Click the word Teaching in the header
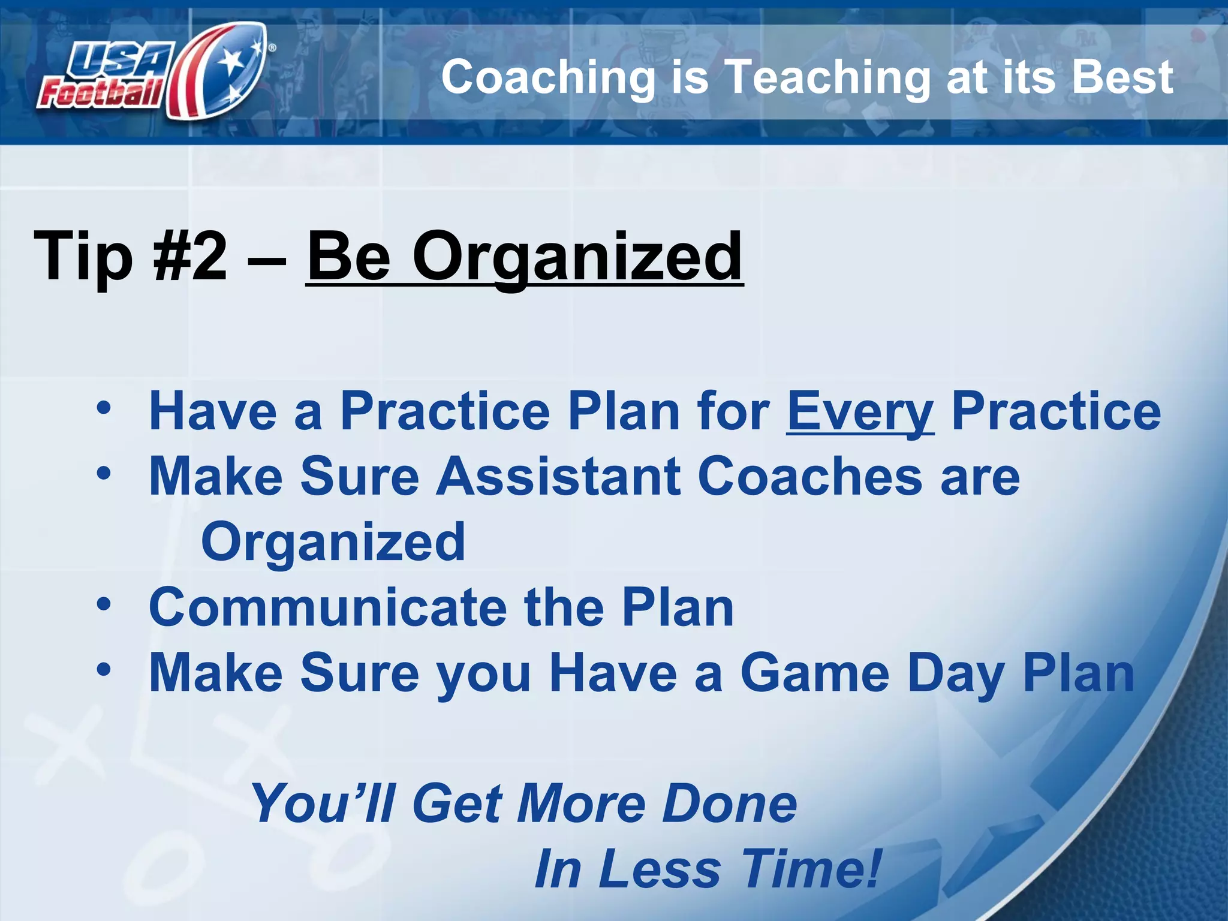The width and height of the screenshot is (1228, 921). click(827, 78)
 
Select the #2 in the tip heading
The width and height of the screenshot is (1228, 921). click(191, 257)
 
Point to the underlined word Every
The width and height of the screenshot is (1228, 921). click(860, 412)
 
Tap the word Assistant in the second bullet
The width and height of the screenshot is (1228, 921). click(558, 476)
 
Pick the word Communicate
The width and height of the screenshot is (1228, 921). click(327, 607)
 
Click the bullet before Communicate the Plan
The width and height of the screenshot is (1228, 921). click(104, 604)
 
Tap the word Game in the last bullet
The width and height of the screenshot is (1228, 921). click(815, 673)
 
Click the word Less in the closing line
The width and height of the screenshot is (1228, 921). click(659, 869)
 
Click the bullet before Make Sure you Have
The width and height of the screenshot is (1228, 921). click(104, 670)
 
